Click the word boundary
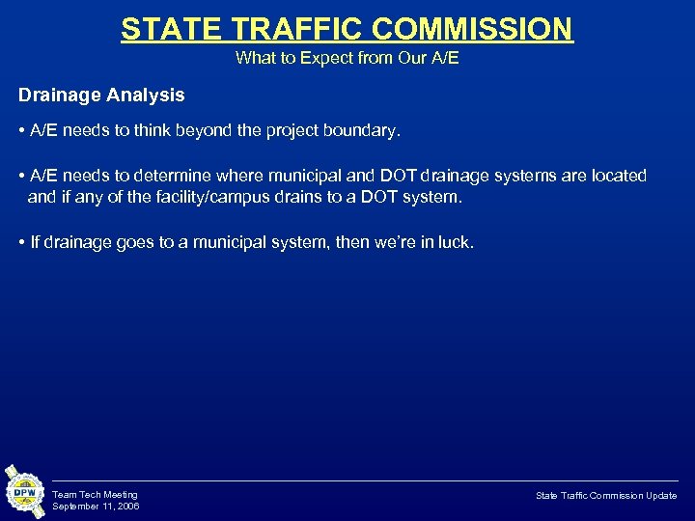pos(363,130)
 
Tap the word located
pos(619,176)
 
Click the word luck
pos(457,242)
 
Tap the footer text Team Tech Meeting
pos(95,495)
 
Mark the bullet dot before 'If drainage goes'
pos(21,242)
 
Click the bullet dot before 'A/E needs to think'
pos(21,130)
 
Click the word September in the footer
pos(75,507)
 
